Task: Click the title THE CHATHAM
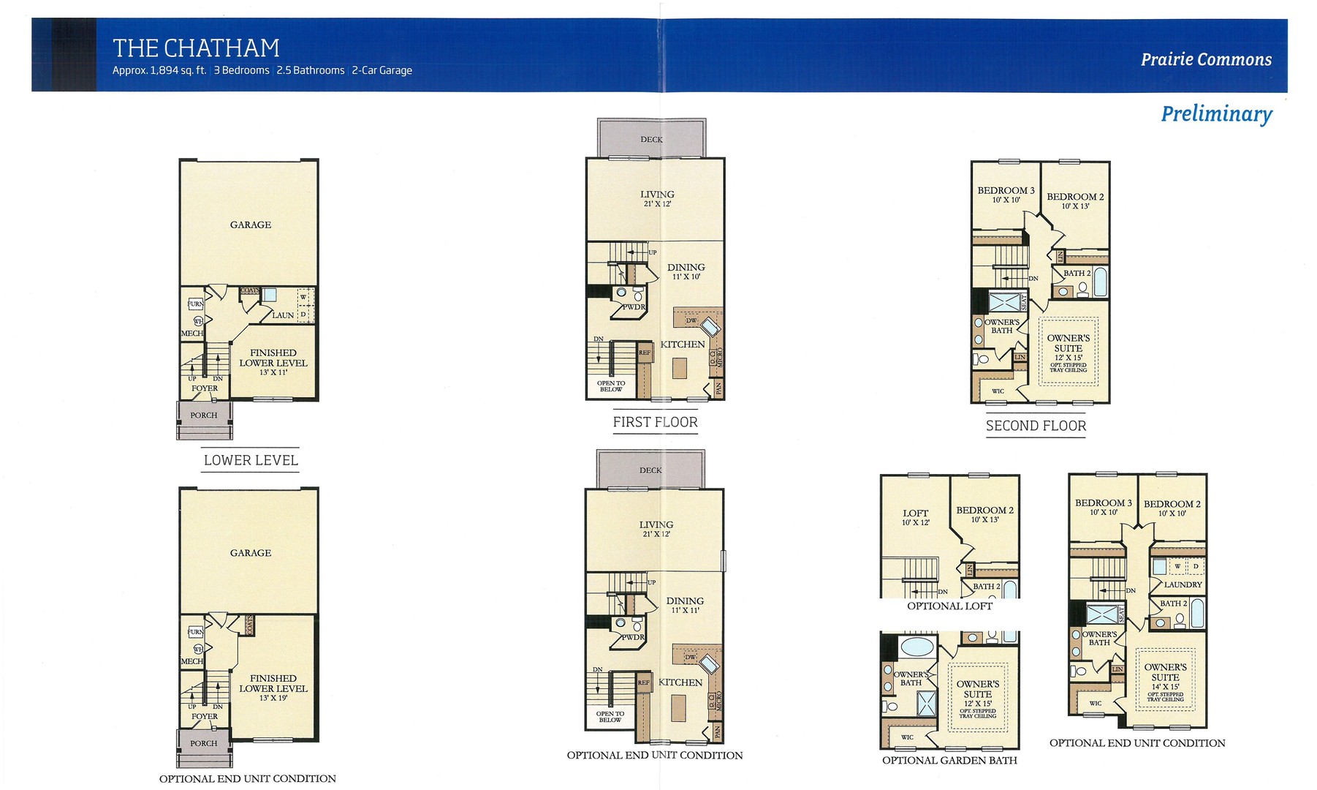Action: pyautogui.click(x=196, y=48)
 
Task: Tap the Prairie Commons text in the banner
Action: pyautogui.click(x=1206, y=59)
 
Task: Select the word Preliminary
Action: pyautogui.click(x=1216, y=114)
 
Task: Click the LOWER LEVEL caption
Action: pyautogui.click(x=251, y=460)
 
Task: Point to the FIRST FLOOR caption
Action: pyautogui.click(x=655, y=422)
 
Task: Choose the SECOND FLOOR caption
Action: pyautogui.click(x=1036, y=426)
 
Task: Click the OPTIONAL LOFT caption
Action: pyautogui.click(x=949, y=606)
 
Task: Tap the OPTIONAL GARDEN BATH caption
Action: pyautogui.click(x=949, y=760)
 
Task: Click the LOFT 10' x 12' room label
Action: pyautogui.click(x=915, y=517)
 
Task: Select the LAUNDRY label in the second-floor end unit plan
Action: pyautogui.click(x=1183, y=584)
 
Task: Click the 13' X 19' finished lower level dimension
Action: pyautogui.click(x=273, y=698)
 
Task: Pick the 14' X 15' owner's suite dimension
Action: pyautogui.click(x=1165, y=686)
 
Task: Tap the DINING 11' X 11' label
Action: pyautogui.click(x=685, y=605)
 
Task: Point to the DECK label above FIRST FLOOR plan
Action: pyautogui.click(x=651, y=139)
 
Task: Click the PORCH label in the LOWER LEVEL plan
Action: pyautogui.click(x=204, y=415)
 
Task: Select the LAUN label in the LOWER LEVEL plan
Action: pyautogui.click(x=283, y=315)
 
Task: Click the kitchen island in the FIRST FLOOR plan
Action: pyautogui.click(x=680, y=367)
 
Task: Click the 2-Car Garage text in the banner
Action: pyautogui.click(x=382, y=70)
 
